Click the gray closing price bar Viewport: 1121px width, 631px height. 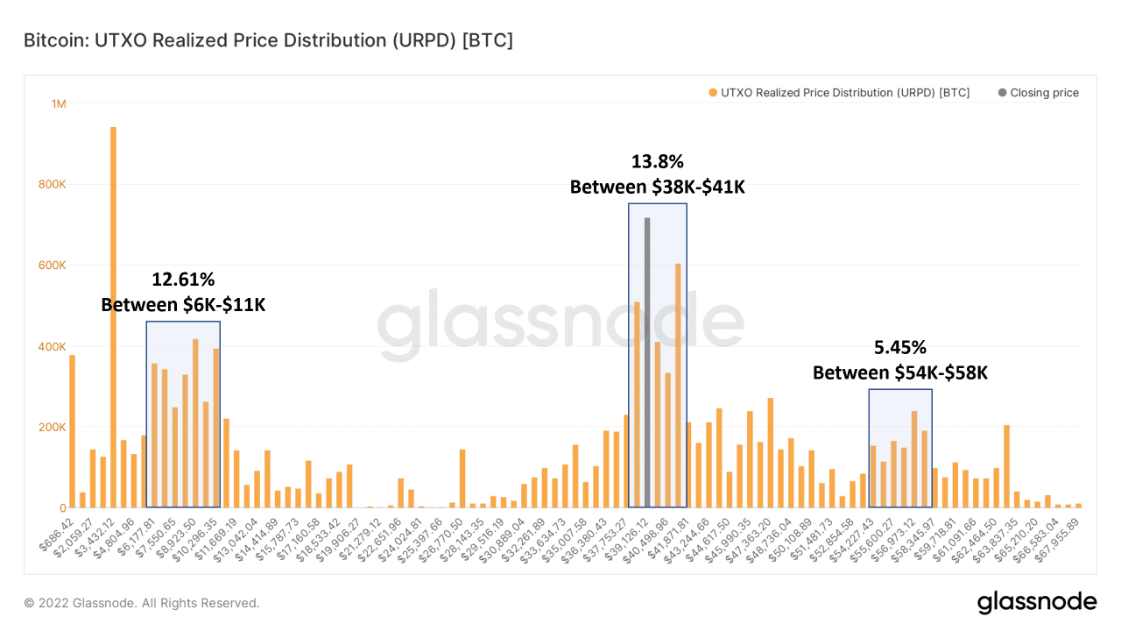pyautogui.click(x=647, y=363)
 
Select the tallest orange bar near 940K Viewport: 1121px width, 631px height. pyautogui.click(x=113, y=317)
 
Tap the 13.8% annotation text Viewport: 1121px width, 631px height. pyautogui.click(x=657, y=162)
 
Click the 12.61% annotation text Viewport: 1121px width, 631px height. pyautogui.click(x=183, y=280)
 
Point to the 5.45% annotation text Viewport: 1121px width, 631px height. pyautogui.click(x=899, y=347)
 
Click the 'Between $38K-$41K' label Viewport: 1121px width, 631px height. pyautogui.click(x=657, y=187)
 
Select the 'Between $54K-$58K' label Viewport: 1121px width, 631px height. pyautogui.click(x=899, y=372)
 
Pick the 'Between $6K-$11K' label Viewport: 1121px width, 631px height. pyautogui.click(x=183, y=304)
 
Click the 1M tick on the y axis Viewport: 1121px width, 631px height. pyautogui.click(x=59, y=103)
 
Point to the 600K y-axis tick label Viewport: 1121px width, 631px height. pyautogui.click(x=52, y=265)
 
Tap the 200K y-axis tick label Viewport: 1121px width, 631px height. pyautogui.click(x=52, y=427)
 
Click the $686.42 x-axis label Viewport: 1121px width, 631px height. pyautogui.click(x=56, y=535)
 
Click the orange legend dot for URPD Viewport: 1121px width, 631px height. pyautogui.click(x=713, y=93)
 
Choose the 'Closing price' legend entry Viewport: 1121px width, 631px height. pyautogui.click(x=1039, y=93)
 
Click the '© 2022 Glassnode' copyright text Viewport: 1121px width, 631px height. pyautogui.click(x=142, y=603)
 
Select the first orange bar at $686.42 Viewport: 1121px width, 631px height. pyautogui.click(x=72, y=431)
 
